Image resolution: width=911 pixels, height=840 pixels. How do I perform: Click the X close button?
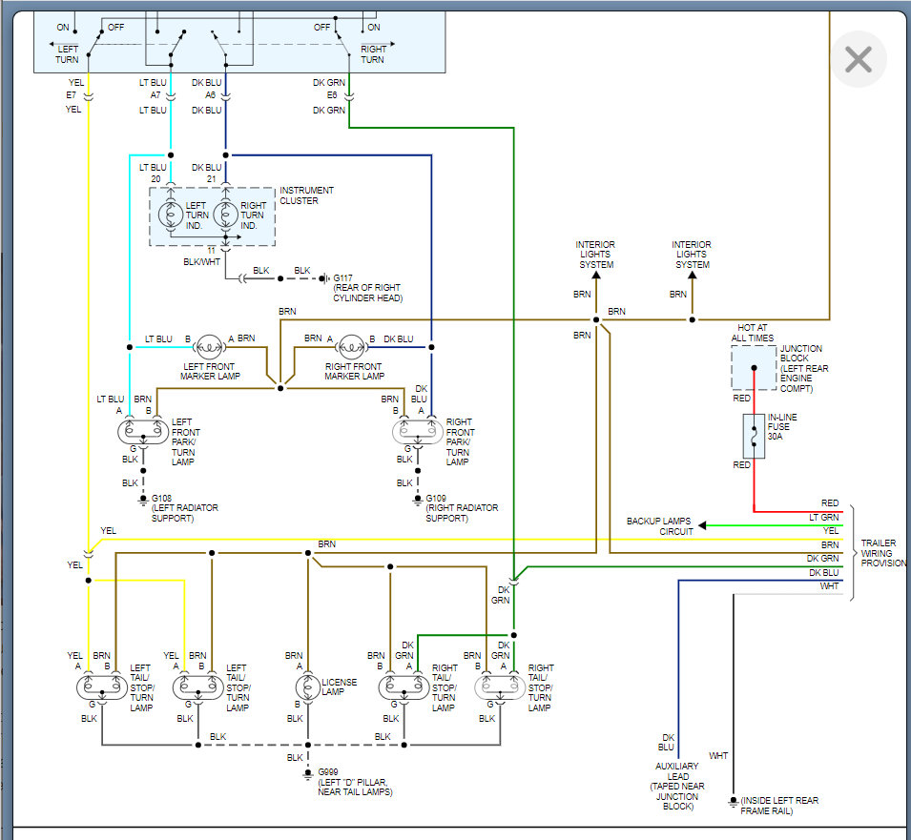859,60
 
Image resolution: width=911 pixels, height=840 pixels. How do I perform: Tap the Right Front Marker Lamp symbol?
352,348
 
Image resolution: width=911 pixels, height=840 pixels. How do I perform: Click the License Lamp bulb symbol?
307,686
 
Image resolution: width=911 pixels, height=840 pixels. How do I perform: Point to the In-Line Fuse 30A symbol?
754,437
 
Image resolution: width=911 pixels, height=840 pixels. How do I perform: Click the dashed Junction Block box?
754,367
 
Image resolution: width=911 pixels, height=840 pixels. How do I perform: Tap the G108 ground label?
161,498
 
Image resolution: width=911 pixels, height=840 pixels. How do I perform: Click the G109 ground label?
436,498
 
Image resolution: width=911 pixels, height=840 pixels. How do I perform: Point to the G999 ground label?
329,770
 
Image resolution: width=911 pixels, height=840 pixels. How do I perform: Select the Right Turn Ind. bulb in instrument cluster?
226,216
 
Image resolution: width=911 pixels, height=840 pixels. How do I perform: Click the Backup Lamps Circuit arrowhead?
702,524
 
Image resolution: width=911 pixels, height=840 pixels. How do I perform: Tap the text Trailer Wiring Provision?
882,553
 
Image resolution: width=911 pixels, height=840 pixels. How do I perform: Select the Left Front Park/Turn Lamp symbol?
142,431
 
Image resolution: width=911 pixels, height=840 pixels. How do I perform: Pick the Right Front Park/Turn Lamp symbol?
417,431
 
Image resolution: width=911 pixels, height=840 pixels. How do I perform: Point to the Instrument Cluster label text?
306,195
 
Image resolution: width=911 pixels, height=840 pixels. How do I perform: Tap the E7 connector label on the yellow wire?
72,95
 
